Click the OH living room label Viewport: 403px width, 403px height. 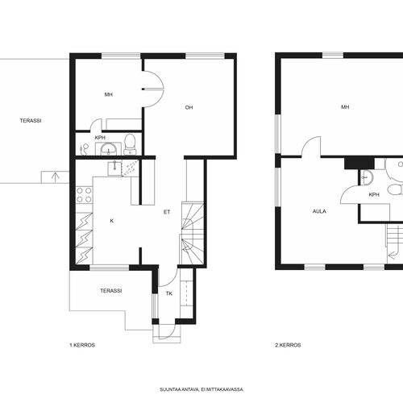(x=189, y=107)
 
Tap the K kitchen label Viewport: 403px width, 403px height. (x=112, y=221)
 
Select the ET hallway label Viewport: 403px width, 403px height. (x=167, y=212)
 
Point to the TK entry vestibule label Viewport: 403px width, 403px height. (x=169, y=293)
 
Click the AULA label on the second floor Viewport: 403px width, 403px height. (x=319, y=211)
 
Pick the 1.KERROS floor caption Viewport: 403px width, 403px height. (x=82, y=345)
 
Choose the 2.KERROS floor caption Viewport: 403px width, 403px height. (x=288, y=345)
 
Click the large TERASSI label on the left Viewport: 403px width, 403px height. (x=31, y=121)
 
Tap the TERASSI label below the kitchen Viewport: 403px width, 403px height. (x=111, y=291)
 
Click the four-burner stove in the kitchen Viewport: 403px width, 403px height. (x=84, y=195)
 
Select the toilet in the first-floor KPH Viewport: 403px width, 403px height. (x=130, y=144)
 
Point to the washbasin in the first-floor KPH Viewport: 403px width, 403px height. (x=108, y=148)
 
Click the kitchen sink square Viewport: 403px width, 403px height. (x=114, y=168)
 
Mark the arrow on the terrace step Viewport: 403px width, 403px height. (x=55, y=177)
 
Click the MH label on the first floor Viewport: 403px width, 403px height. (x=109, y=94)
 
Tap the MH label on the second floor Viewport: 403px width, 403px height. (x=345, y=107)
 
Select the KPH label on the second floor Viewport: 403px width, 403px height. (x=374, y=194)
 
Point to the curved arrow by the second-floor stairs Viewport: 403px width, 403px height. (x=393, y=254)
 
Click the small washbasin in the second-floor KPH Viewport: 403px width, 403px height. (x=366, y=177)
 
